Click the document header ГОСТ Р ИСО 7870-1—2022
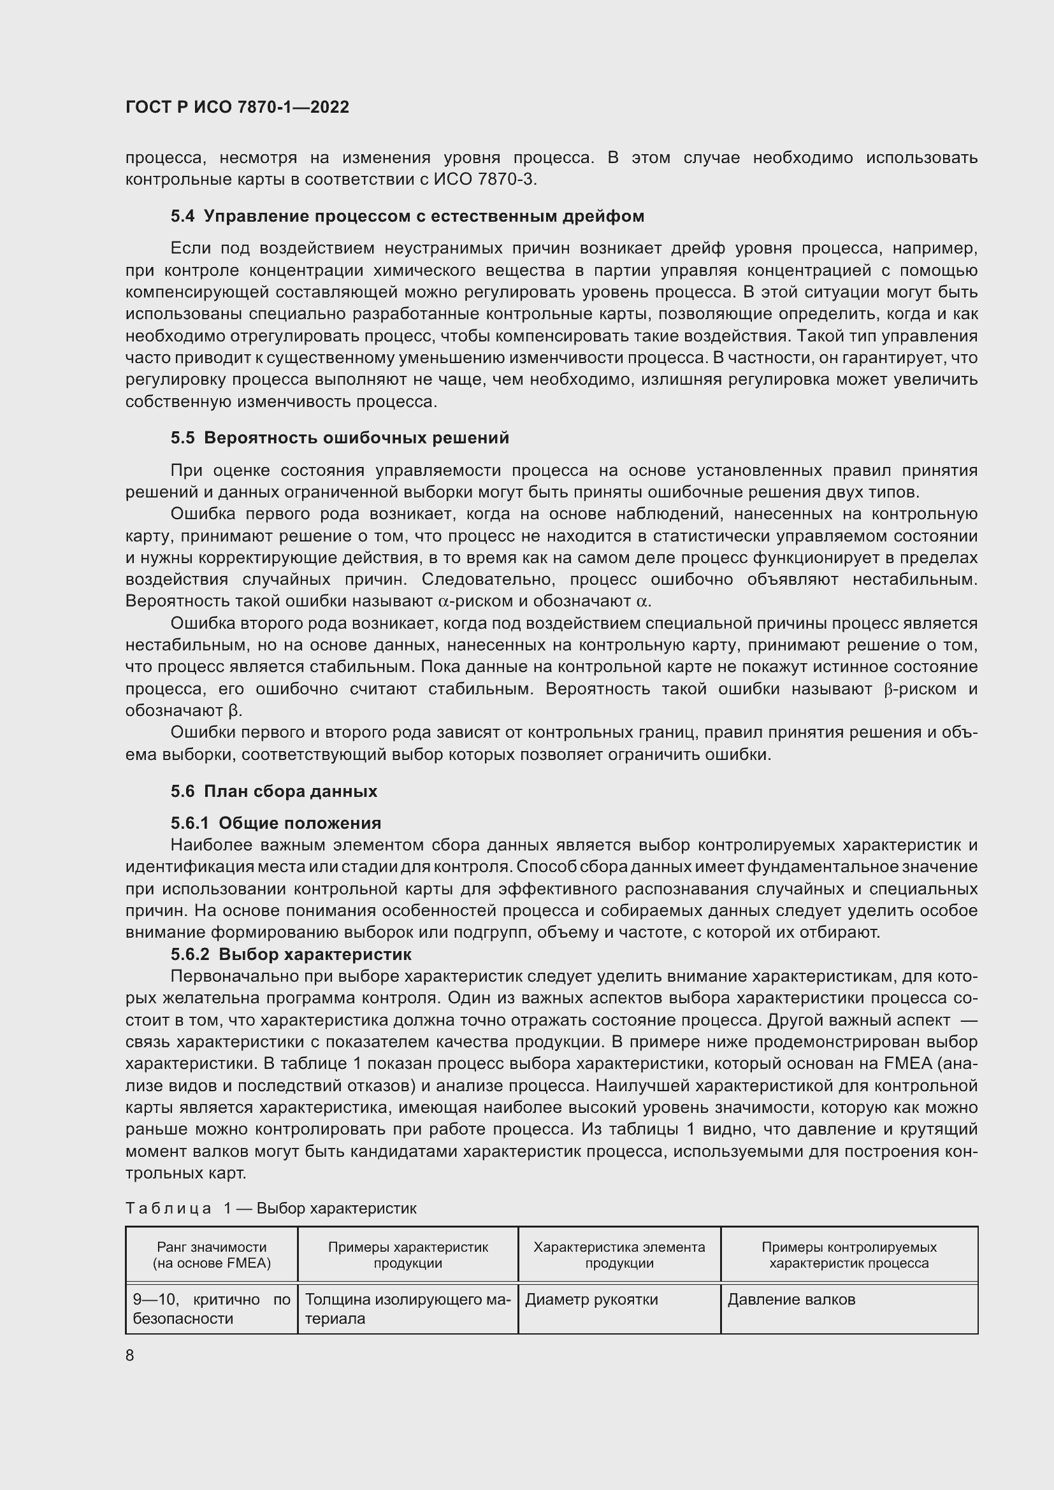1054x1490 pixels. [237, 107]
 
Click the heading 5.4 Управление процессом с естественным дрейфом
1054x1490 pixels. [407, 216]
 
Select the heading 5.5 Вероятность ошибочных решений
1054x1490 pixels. [340, 438]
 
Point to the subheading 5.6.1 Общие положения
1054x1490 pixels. [275, 823]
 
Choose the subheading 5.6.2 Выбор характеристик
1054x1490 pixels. [291, 954]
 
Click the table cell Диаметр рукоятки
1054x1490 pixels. [591, 1299]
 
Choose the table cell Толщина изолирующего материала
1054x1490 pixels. [408, 1308]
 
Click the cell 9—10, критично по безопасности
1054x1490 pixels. [212, 1308]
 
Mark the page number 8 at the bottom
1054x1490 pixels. [130, 1355]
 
